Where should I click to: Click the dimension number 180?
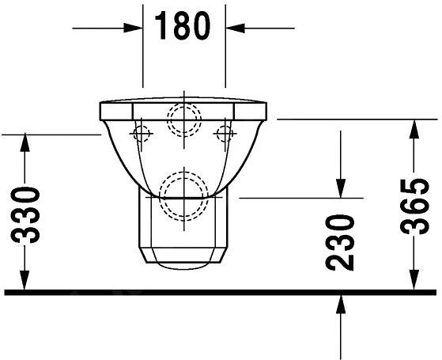183,27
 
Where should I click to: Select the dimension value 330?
28,215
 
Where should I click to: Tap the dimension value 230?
341,242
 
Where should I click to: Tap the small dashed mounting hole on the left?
143,132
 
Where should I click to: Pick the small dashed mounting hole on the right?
225,131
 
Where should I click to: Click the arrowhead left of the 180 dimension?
132,28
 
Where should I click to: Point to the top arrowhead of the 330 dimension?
25,142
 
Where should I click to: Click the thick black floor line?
221,292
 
